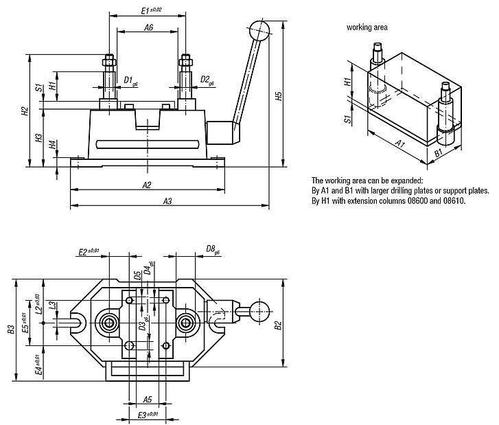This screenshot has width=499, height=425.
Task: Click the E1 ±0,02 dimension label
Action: point(150,11)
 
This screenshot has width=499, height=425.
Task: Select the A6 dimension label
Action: point(148,27)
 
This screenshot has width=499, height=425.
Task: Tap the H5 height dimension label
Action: point(278,96)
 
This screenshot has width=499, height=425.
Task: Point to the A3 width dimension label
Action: point(167,201)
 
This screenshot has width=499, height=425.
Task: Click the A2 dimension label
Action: point(147,185)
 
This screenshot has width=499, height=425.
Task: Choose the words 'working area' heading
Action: point(367,27)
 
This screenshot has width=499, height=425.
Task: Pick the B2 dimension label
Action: point(278,324)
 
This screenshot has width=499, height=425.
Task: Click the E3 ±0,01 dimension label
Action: point(147,415)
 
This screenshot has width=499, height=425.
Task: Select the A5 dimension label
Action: point(147,399)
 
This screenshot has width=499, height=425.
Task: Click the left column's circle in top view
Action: point(107,322)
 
